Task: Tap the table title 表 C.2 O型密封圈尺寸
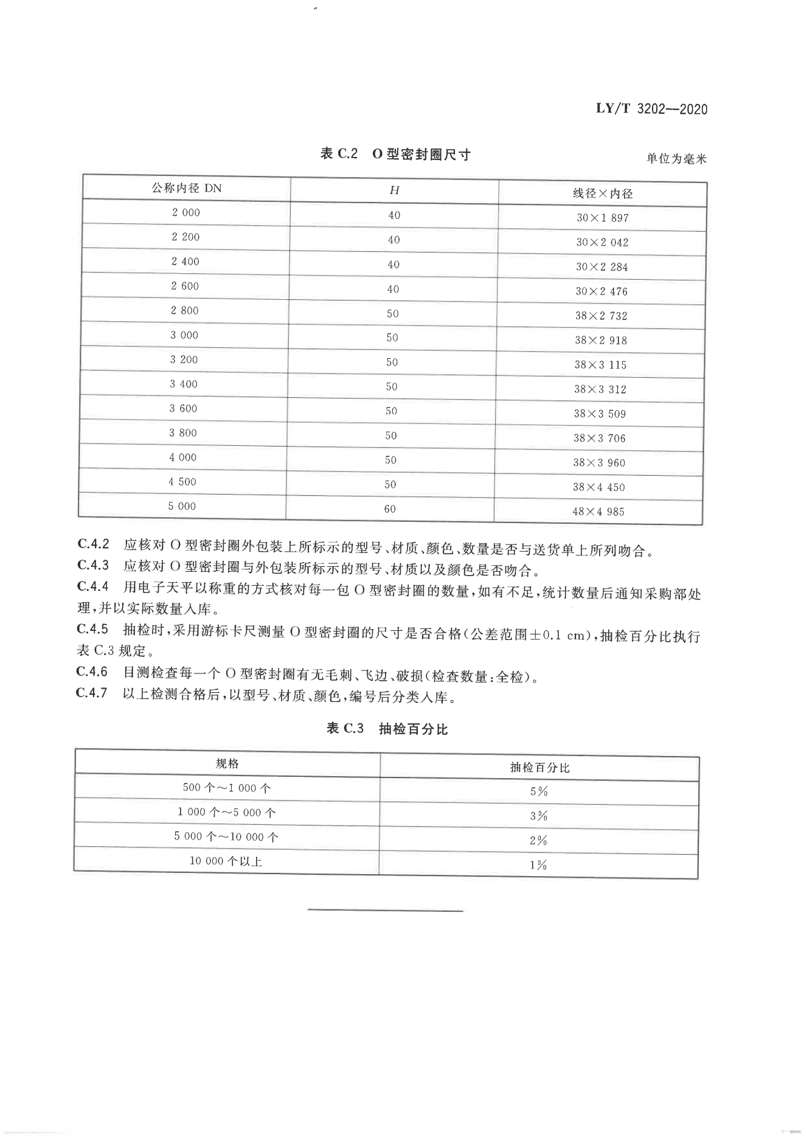click(395, 155)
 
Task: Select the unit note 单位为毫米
click(676, 159)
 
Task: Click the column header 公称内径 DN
click(187, 189)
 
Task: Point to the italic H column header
click(394, 190)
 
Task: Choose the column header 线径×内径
click(602, 194)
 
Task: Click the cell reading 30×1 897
click(602, 218)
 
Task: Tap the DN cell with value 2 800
click(185, 311)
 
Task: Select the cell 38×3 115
click(600, 365)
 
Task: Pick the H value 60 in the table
click(390, 509)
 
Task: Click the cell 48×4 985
click(598, 512)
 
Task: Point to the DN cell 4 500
click(182, 482)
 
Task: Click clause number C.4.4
click(93, 586)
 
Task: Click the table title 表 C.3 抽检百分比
click(387, 729)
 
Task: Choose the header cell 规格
click(227, 764)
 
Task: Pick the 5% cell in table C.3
click(539, 791)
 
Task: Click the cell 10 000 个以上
click(226, 861)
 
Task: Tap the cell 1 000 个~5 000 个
click(226, 813)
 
